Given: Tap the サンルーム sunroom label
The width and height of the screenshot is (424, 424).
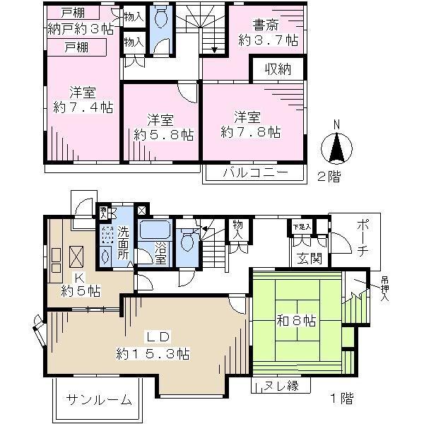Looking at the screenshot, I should pos(99,400).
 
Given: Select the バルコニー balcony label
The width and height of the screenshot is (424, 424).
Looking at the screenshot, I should pos(255,173).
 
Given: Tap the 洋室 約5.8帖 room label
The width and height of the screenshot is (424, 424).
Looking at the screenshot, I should pos(161,125).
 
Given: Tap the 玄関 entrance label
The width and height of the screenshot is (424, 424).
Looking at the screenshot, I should pos(310,259).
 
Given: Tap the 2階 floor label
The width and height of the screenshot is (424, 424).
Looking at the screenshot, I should pos(328,177).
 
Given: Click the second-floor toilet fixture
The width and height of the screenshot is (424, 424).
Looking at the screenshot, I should pos(161,17).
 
